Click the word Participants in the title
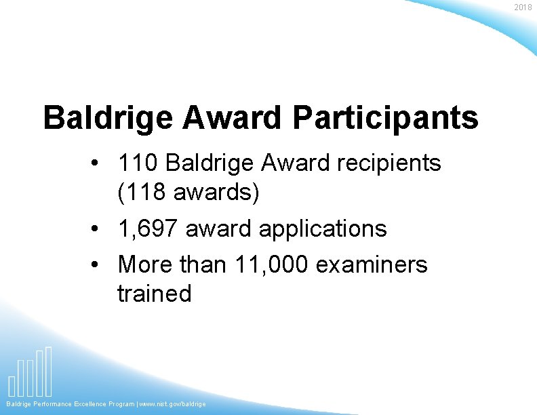pyautogui.click(x=386, y=117)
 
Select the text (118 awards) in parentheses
pyautogui.click(x=188, y=193)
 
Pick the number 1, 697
pyautogui.click(x=148, y=229)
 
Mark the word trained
pyautogui.click(x=155, y=294)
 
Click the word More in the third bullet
pyautogui.click(x=144, y=264)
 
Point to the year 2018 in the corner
pyautogui.click(x=523, y=7)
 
